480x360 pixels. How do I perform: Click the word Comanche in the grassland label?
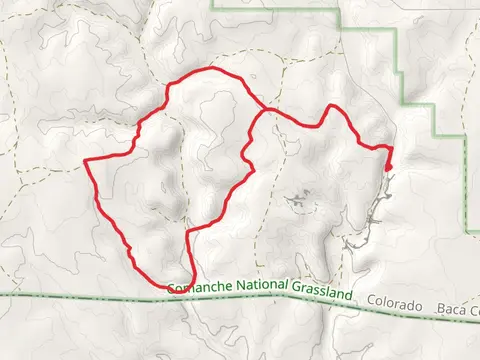pyautogui.click(x=200, y=288)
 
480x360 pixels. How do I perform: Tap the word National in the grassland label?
pyautogui.click(x=263, y=290)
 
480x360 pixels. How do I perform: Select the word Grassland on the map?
pyautogui.click(x=323, y=294)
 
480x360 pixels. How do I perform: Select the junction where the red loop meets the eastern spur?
pyautogui.click(x=262, y=109)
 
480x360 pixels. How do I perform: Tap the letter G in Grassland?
pyautogui.click(x=297, y=292)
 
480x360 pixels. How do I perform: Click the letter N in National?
pyautogui.click(x=240, y=289)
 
